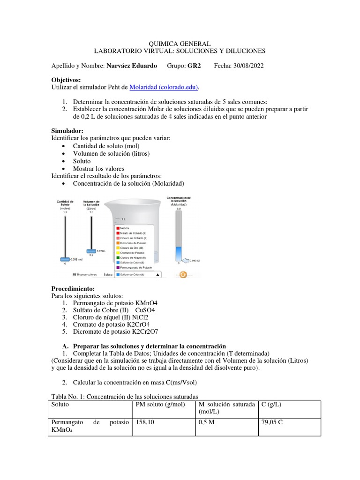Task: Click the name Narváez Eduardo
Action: [x=132, y=66]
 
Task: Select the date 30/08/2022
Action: [x=246, y=66]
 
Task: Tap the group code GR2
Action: [x=194, y=66]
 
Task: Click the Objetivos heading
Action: [x=66, y=80]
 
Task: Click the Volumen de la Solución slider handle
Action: [x=91, y=251]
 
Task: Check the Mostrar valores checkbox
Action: [x=74, y=275]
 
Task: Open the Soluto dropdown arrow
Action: [x=157, y=275]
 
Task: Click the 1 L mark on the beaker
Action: [x=123, y=219]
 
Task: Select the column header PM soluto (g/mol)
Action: [x=159, y=404]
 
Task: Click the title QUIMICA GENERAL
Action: [x=180, y=44]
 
